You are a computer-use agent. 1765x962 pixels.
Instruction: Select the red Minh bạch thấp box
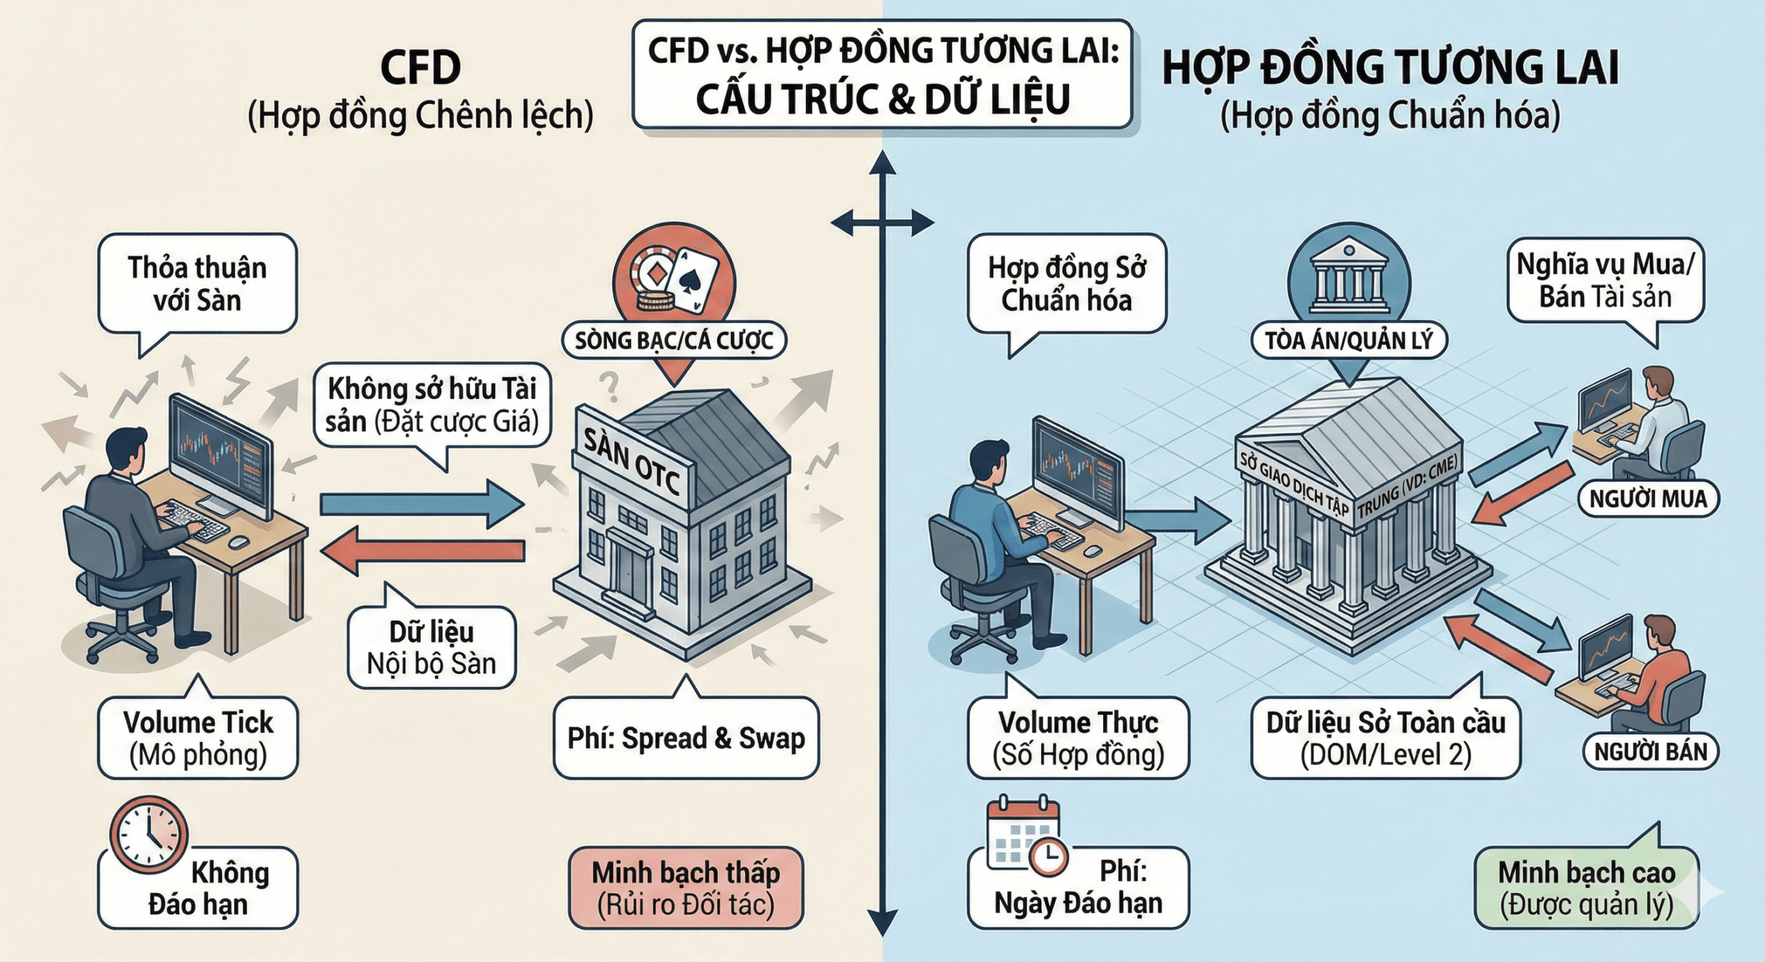point(686,888)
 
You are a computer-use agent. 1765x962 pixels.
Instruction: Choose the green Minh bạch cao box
point(1586,888)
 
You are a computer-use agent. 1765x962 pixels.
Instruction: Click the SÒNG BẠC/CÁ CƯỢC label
point(674,340)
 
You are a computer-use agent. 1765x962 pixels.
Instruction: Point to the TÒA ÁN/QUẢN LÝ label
point(1349,340)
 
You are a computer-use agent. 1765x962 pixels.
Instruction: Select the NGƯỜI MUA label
point(1648,499)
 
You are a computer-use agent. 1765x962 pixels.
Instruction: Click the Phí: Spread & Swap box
point(686,738)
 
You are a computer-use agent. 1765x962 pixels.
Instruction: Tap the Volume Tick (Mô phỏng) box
point(198,738)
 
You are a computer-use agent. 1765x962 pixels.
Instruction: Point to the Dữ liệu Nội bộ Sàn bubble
point(432,647)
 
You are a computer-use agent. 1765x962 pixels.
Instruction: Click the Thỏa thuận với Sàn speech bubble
point(197,283)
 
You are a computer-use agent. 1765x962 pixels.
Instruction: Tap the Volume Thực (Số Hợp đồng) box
point(1078,738)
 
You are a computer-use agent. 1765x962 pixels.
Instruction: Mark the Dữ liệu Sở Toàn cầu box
point(1386,738)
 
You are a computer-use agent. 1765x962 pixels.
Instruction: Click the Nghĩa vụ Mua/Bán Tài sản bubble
point(1605,280)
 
